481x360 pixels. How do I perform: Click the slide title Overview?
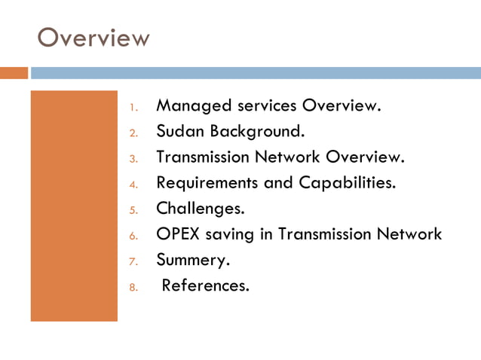point(93,37)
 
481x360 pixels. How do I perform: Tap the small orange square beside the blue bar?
point(14,73)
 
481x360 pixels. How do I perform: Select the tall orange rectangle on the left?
point(74,206)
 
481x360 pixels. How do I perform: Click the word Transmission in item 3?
point(201,157)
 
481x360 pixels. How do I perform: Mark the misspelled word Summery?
point(192,260)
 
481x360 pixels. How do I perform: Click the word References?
point(205,285)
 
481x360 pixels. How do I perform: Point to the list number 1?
point(133,107)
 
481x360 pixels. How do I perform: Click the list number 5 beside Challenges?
point(133,210)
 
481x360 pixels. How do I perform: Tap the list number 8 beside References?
point(133,287)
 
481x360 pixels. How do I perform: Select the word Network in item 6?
point(410,234)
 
